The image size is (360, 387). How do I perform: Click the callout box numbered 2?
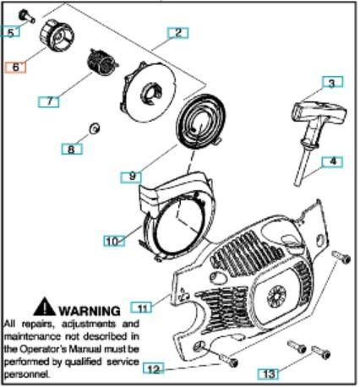coord(177,33)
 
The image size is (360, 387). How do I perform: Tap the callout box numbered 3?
coord(332,83)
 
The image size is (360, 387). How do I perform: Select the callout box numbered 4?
coord(332,161)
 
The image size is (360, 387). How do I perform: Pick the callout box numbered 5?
coord(10,32)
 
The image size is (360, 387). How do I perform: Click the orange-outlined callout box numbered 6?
coord(15,68)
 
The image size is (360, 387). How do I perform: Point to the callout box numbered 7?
coord(49,101)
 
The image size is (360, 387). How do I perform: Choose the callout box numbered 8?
coord(72,149)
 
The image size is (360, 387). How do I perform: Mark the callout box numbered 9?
coord(131,177)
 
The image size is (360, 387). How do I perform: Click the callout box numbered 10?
coord(114,241)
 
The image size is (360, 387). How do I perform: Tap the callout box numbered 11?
coord(141,307)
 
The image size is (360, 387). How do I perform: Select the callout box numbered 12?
coord(154,368)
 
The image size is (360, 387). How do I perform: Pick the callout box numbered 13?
coord(268,373)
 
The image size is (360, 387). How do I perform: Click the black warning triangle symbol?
coord(44,307)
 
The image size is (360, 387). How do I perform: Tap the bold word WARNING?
coord(90,311)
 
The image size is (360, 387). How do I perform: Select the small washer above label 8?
coord(95,128)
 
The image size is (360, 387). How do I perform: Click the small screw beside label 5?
coord(26,16)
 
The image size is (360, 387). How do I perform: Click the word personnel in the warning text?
coord(26,374)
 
